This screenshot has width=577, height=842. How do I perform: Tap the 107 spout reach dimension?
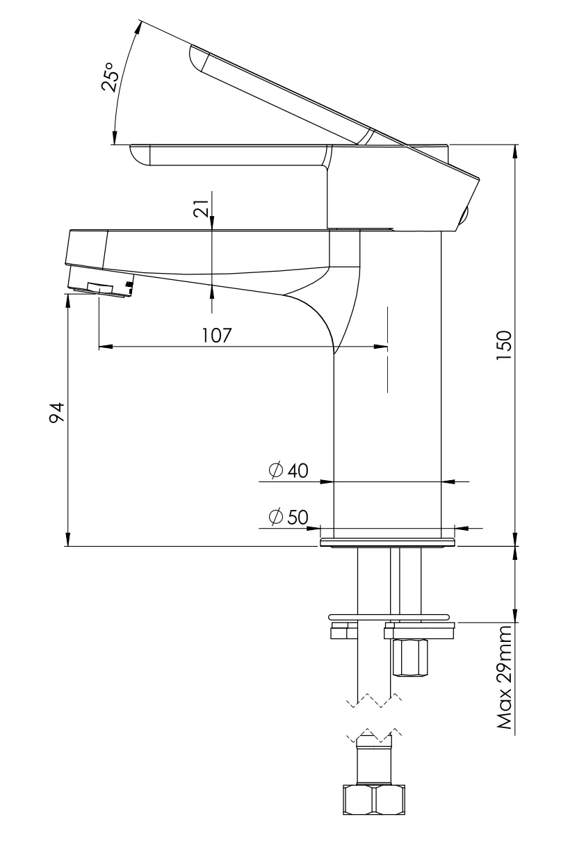pyautogui.click(x=217, y=335)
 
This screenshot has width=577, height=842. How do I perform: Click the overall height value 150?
pyautogui.click(x=504, y=345)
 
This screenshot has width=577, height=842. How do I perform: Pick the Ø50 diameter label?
pyautogui.click(x=288, y=518)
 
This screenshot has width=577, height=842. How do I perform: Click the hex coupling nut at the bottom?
pyautogui.click(x=373, y=800)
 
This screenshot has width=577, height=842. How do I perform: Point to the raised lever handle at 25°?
pyautogui.click(x=292, y=90)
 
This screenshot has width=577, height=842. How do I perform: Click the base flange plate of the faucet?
pyautogui.click(x=387, y=541)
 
